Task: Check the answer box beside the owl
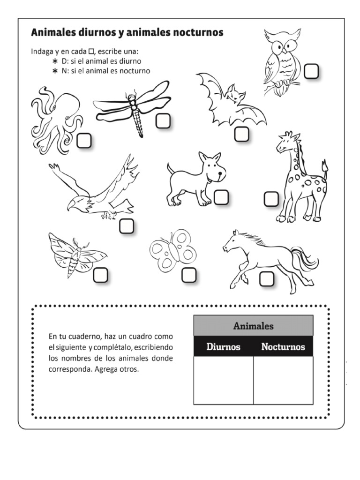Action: pos(311,72)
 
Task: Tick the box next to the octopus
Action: pos(84,141)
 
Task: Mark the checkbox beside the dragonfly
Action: pos(163,121)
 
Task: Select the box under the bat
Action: pos(241,135)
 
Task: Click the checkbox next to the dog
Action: pos(221,197)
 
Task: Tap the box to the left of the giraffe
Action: pos(271,199)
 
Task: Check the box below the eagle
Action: pos(126,226)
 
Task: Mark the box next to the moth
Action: pos(100,275)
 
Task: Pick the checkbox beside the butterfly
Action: pos(188,275)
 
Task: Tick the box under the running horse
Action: pos(267,278)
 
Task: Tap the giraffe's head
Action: pos(286,142)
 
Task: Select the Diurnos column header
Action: pos(224,347)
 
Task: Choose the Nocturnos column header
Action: pos(283,347)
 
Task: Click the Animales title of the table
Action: pos(254,326)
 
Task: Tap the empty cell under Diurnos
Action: pos(224,380)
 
